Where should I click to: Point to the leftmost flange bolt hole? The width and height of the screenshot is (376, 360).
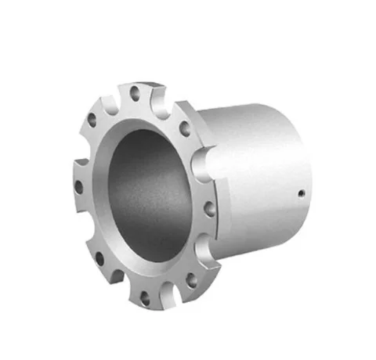[x=78, y=187]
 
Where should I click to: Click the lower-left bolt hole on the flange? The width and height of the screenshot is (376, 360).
[x=99, y=257]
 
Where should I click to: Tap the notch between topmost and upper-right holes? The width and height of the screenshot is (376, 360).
[x=163, y=99]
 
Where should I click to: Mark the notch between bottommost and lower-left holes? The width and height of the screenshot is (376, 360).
[x=118, y=283]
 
